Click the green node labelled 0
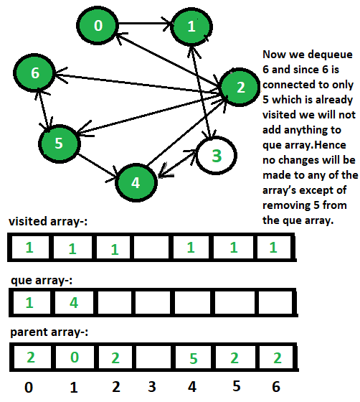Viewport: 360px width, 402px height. [x=98, y=25]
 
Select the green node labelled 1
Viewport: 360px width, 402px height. [x=191, y=26]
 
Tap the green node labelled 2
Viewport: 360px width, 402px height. [x=240, y=87]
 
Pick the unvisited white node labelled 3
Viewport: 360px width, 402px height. [x=216, y=155]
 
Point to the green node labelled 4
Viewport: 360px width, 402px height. [x=136, y=182]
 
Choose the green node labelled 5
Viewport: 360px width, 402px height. [x=59, y=144]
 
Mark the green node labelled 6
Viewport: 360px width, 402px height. [x=34, y=73]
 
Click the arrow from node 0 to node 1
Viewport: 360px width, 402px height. [x=144, y=24]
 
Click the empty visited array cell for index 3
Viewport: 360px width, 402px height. [x=151, y=248]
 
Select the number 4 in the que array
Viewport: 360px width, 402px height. [x=74, y=302]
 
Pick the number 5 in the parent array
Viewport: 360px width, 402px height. [x=194, y=358]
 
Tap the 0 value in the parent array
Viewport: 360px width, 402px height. [x=75, y=357]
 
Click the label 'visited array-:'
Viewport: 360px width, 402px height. [x=48, y=221]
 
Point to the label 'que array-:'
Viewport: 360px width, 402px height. [x=42, y=281]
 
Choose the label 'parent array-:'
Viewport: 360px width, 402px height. [x=49, y=332]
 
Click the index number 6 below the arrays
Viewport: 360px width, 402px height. [x=276, y=387]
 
